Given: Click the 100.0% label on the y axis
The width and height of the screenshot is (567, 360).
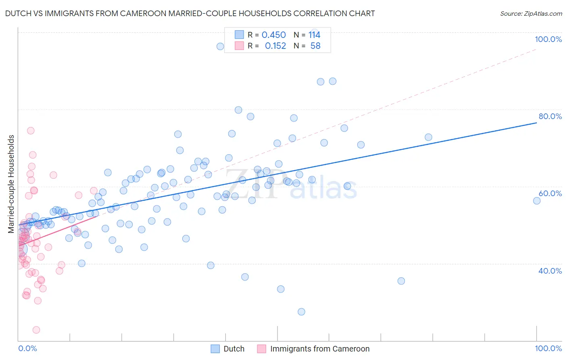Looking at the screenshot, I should click(548, 39).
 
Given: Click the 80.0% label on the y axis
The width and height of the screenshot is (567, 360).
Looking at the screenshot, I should click(550, 116).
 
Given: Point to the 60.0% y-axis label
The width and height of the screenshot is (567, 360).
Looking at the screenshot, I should click(550, 193).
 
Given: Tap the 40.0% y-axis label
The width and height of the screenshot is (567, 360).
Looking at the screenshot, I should click(550, 270).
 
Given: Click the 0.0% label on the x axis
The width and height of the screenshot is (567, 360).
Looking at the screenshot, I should click(27, 348).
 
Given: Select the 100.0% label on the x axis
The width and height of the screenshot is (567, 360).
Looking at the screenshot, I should click(548, 348).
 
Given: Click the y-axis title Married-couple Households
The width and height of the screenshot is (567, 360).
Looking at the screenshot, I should click(11, 184).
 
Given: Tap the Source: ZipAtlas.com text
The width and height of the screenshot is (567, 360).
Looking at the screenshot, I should click(531, 13).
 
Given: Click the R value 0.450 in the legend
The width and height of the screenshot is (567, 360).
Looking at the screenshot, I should click(273, 35).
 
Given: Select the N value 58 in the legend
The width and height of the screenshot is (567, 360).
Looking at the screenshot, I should click(315, 46).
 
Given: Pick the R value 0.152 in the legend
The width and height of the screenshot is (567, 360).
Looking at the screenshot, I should click(275, 46).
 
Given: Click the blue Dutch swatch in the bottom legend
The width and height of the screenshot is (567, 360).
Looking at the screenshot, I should click(215, 349).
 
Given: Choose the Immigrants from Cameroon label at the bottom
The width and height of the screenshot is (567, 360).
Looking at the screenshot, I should click(319, 349).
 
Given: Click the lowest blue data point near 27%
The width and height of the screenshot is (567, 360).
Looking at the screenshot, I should click(301, 312).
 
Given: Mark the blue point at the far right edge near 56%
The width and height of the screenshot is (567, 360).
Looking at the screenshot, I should click(537, 201).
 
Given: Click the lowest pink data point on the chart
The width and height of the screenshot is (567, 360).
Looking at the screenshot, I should click(36, 330).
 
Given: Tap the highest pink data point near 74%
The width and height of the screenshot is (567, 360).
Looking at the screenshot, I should click(31, 131).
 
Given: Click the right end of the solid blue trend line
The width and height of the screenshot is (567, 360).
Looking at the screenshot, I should click(536, 122).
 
